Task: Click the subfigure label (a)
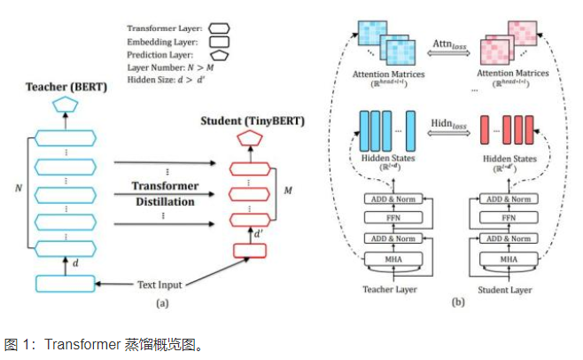pyautogui.click(x=161, y=302)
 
